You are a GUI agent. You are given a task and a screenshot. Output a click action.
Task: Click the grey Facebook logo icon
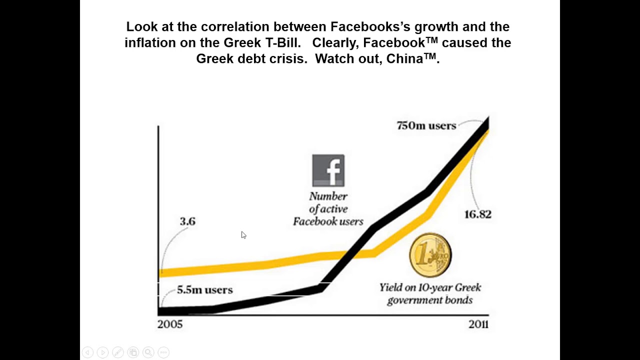[x=328, y=170]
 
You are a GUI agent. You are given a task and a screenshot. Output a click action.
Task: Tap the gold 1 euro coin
[x=430, y=255]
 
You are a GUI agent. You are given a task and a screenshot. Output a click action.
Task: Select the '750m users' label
[x=426, y=125]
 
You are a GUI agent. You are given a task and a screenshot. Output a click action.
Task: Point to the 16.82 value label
[x=477, y=214]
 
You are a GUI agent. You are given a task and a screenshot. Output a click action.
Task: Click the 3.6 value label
[x=187, y=221]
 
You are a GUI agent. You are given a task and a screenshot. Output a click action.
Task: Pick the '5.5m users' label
[x=205, y=289]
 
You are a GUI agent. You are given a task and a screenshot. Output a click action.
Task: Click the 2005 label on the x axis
[x=169, y=324]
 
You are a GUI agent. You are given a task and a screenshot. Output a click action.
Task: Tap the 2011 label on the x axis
[x=478, y=324]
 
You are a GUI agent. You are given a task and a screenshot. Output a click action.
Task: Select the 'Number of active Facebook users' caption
[x=328, y=209]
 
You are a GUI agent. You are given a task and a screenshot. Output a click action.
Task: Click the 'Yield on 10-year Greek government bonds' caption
[x=430, y=293]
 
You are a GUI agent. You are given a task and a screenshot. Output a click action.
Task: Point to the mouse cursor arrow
[x=243, y=235]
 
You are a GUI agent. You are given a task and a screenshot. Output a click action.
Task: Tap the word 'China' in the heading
[x=404, y=58]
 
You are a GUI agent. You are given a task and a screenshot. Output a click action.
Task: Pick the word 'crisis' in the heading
[x=288, y=58]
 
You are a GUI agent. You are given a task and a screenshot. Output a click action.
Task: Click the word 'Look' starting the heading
[x=142, y=26]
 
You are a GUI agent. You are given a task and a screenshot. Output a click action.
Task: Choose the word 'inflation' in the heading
[x=150, y=42]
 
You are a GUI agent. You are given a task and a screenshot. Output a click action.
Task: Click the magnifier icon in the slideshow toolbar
[x=148, y=352]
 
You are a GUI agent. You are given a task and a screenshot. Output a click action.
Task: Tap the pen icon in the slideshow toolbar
[x=118, y=352]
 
